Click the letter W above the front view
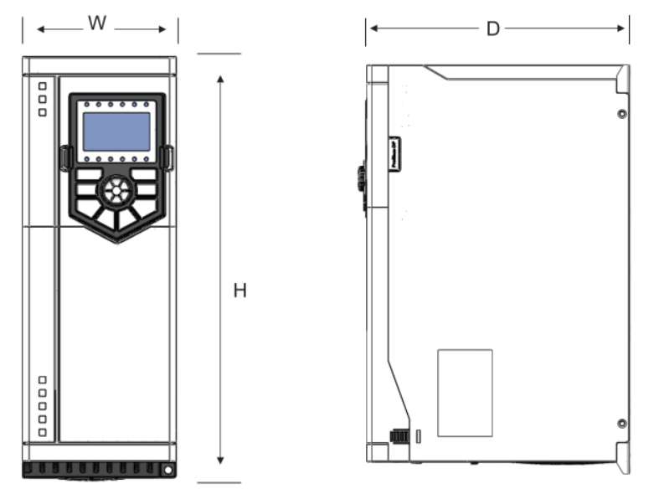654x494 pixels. click(98, 23)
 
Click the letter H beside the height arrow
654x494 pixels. click(239, 291)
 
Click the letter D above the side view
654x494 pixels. click(493, 29)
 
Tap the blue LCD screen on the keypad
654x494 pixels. click(116, 131)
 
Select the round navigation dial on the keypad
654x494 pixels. click(116, 190)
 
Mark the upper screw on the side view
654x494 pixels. click(621, 114)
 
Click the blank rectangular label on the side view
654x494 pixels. click(465, 393)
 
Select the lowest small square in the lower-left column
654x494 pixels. click(42, 432)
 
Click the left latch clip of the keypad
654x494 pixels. click(64, 157)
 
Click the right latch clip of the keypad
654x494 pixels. click(168, 157)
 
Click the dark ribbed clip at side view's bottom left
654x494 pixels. click(399, 436)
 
